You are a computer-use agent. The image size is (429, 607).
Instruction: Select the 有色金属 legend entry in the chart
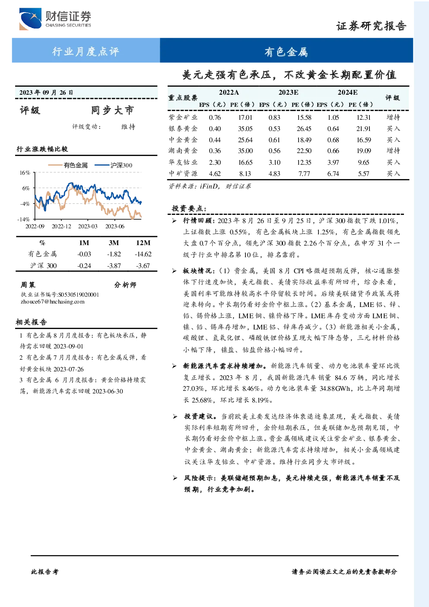(x=68, y=165)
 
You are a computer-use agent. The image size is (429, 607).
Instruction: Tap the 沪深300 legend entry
(x=114, y=165)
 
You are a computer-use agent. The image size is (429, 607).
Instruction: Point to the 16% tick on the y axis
(x=25, y=173)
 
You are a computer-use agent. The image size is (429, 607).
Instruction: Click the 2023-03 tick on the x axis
(x=88, y=226)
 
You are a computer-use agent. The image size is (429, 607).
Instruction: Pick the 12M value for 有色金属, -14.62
(x=143, y=254)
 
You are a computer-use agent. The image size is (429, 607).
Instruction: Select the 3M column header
(x=114, y=243)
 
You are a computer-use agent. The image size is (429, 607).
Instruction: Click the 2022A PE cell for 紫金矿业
(x=245, y=117)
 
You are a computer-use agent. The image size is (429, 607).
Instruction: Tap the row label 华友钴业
(x=183, y=162)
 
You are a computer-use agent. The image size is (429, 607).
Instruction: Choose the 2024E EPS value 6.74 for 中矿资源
(x=333, y=173)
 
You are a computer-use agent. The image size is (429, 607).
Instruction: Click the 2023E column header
(x=289, y=93)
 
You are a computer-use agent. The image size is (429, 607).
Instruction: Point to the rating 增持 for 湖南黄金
(x=393, y=150)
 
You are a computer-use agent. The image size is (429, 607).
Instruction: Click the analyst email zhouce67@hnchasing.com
(x=53, y=302)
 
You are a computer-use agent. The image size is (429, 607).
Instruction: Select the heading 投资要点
(x=189, y=208)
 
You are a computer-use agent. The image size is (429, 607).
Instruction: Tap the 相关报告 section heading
(x=32, y=322)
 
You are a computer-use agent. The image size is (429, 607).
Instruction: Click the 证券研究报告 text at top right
(x=371, y=26)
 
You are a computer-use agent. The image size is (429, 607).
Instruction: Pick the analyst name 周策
(x=28, y=284)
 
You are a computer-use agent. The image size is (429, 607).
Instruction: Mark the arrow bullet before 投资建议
(x=175, y=416)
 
